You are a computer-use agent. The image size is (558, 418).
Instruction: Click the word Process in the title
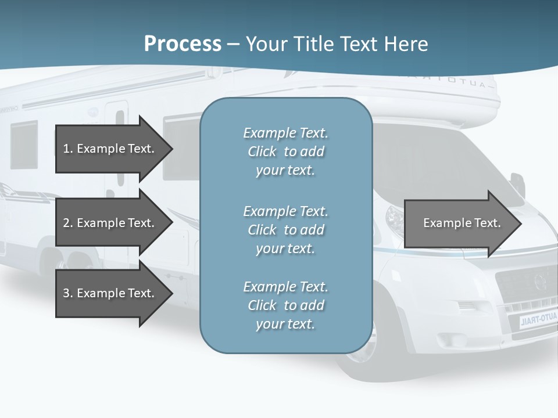(x=183, y=44)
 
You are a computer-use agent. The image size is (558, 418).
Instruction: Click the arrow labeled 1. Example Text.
(x=110, y=149)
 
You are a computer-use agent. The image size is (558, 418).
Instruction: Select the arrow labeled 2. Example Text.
(x=110, y=223)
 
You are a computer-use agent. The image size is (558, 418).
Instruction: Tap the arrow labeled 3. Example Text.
(x=110, y=293)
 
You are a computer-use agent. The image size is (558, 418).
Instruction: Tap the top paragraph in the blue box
(x=285, y=152)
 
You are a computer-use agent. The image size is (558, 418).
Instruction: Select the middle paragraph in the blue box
(x=285, y=229)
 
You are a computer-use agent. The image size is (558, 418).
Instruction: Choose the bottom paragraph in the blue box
(x=285, y=305)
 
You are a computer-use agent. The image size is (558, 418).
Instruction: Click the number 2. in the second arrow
(x=67, y=223)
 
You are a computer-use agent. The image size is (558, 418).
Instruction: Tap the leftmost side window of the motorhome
(x=23, y=145)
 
